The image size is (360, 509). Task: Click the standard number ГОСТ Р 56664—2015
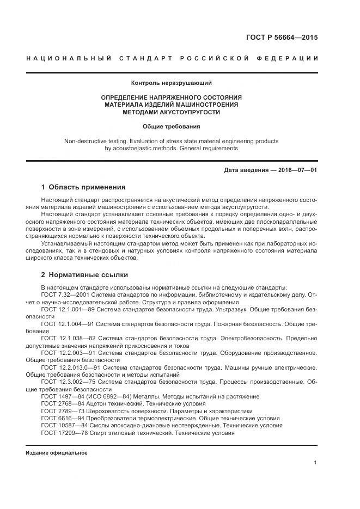click(283, 38)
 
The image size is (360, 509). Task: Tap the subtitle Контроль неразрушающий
click(171, 83)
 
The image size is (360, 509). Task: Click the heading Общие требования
click(171, 126)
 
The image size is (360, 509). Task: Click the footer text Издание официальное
click(57, 452)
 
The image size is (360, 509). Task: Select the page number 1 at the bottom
click(315, 462)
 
